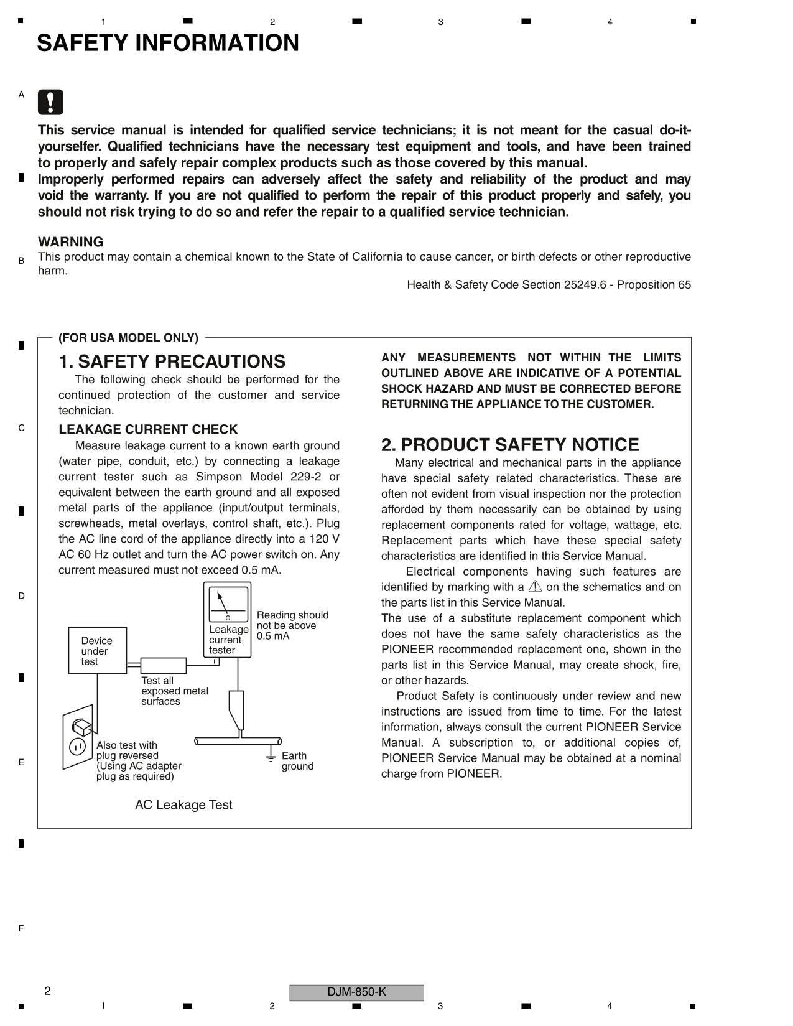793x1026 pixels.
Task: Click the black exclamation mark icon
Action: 50,102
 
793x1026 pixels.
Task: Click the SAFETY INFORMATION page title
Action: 168,43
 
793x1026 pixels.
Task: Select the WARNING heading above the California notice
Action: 70,242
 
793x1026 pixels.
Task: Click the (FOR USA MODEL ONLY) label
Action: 128,338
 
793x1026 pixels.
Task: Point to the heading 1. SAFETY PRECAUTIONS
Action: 172,361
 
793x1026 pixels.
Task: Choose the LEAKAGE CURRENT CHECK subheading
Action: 148,429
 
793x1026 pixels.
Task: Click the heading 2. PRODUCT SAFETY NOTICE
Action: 509,445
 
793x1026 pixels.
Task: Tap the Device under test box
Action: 97,651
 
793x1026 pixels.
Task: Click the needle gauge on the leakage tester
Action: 228,604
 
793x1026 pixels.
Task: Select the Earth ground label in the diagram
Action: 297,761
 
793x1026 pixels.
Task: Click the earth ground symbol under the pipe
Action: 271,757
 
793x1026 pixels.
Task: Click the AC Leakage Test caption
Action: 183,805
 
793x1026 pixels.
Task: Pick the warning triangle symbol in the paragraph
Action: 535,587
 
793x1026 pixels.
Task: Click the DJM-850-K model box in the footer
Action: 356,992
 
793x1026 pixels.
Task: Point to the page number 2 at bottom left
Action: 48,991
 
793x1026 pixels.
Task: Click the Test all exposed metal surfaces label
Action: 174,691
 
